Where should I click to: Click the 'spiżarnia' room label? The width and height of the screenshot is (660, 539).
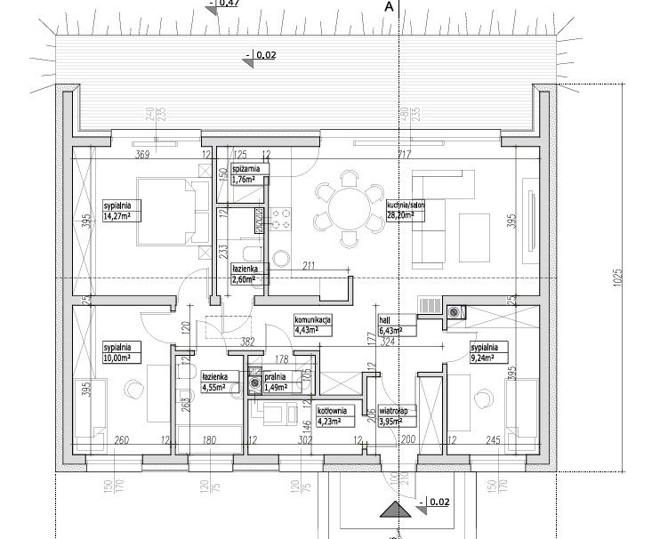(x=246, y=169)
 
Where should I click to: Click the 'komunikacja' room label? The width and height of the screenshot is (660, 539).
(x=313, y=319)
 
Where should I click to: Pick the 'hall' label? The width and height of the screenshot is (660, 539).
(x=383, y=320)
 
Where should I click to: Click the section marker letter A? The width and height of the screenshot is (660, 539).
(x=388, y=6)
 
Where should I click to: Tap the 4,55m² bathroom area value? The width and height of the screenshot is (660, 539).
(x=214, y=386)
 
